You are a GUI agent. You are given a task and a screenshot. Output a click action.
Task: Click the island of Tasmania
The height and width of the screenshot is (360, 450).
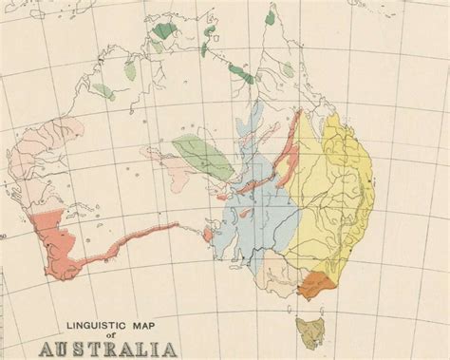(309, 330)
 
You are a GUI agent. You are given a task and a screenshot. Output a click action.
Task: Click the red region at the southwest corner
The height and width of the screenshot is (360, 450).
(52, 242)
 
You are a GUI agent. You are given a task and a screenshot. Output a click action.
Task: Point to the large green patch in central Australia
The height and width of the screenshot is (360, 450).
(204, 155)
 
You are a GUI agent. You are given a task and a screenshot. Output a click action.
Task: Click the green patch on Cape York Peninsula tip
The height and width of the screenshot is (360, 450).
(270, 17)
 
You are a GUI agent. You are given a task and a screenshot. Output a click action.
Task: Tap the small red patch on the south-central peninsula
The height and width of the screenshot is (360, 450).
(208, 233)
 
